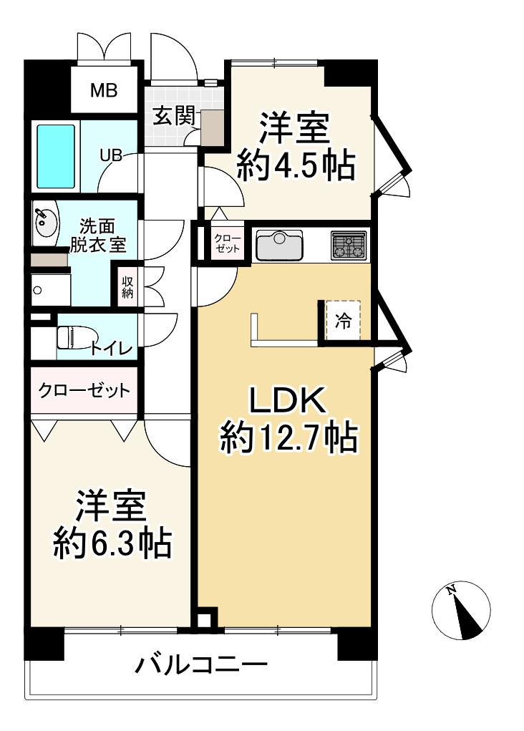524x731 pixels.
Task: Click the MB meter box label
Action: [x=104, y=91]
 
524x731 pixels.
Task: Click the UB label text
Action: [x=110, y=155]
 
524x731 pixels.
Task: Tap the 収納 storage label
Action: [x=128, y=286]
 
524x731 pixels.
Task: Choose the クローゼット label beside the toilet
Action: [x=84, y=390]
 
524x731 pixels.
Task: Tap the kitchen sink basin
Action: [x=281, y=246]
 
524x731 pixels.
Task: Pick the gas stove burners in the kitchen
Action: [x=349, y=245]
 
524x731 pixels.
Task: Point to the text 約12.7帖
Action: [x=288, y=438]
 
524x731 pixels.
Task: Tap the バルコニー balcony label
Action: [x=202, y=667]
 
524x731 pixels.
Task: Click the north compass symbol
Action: [x=462, y=611]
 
